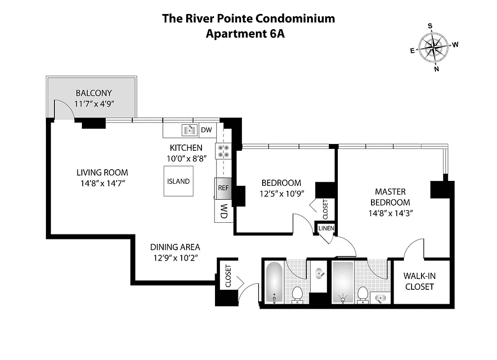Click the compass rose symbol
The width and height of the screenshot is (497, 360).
434,47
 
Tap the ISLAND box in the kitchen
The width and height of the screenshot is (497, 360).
179,181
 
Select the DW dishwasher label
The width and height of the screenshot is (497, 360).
206,130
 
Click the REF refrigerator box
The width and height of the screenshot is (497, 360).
224,188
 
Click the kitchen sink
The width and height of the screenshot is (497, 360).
189,130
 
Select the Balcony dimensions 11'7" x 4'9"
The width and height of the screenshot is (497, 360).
94,104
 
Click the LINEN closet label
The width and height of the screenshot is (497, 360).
326,228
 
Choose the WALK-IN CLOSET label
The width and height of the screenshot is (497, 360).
419,281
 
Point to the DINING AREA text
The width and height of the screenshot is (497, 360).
175,247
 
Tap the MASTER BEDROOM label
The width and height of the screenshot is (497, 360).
390,197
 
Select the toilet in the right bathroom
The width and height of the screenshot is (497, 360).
362,295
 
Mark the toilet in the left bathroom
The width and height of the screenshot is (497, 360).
297,294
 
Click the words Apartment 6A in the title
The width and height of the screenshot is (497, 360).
245,34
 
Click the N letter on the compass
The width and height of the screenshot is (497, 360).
436,69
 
